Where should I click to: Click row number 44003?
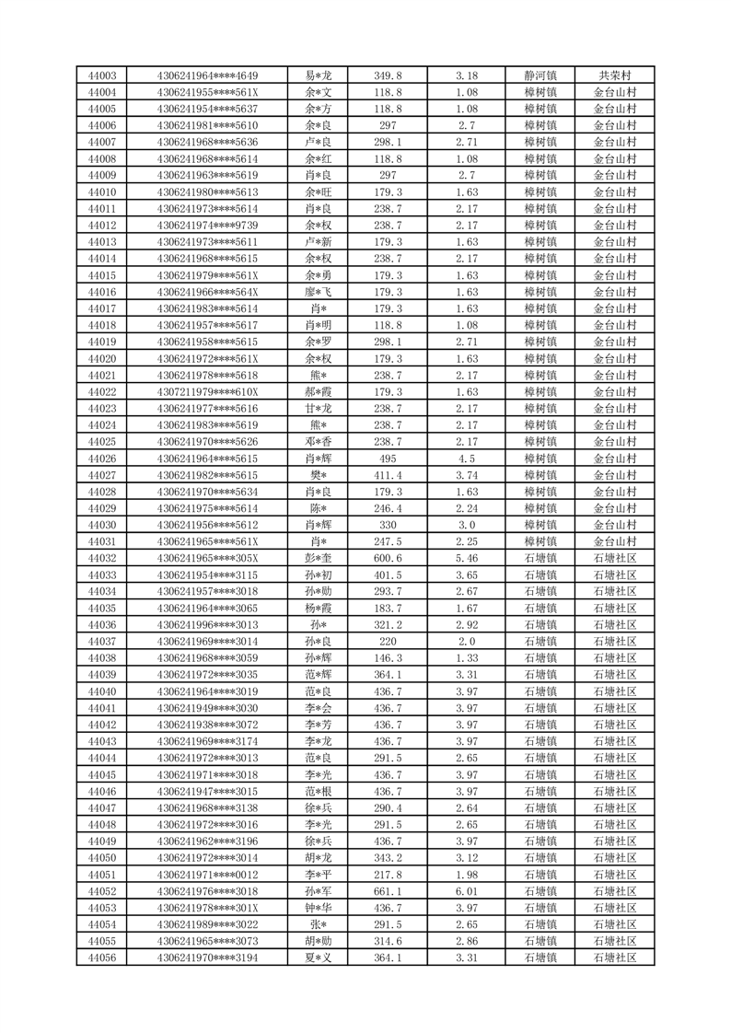(101, 75)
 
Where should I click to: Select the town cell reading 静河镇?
(540, 75)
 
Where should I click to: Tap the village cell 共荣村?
(614, 75)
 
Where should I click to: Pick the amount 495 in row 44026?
(389, 458)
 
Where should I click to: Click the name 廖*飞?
(318, 292)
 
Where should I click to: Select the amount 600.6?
(389, 559)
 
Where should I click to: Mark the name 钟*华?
(318, 908)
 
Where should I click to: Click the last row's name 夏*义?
(318, 958)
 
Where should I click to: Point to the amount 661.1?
(389, 891)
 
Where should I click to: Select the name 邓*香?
(318, 442)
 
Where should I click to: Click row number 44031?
(101, 541)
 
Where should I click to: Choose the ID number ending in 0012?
(208, 875)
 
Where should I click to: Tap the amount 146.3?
(389, 658)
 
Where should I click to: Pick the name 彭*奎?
(318, 559)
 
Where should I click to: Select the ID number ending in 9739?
(208, 226)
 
